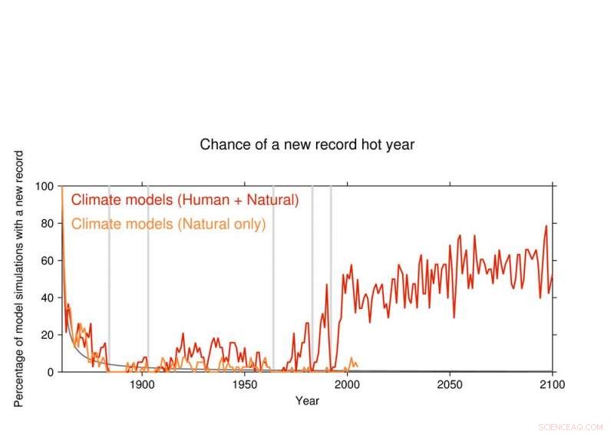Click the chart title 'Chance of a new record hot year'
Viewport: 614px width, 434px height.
(307, 144)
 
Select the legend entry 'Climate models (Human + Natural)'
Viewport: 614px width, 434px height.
(184, 201)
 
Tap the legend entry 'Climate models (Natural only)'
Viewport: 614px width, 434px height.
(168, 224)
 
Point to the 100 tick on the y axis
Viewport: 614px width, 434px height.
(46, 186)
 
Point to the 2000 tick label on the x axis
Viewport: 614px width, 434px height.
(347, 385)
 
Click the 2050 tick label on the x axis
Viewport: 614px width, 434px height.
(450, 385)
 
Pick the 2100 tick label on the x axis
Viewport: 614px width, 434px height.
(552, 385)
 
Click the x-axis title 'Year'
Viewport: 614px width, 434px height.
(307, 401)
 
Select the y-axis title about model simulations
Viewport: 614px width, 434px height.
(19, 278)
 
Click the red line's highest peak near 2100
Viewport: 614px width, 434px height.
(546, 225)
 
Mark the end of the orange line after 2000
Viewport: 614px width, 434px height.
(357, 365)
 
